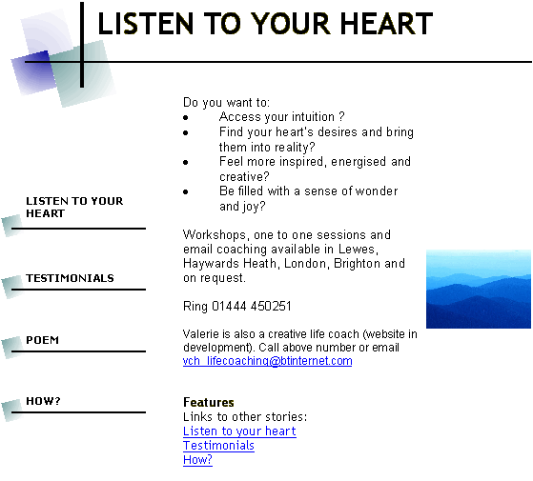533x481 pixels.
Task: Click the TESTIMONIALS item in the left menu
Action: tap(70, 278)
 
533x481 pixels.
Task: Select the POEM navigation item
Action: tap(43, 340)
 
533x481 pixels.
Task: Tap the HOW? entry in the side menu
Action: tap(43, 401)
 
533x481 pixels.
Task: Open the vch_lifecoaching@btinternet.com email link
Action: tap(268, 361)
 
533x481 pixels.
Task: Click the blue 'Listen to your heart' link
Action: tap(239, 431)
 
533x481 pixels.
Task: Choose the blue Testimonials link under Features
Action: tap(218, 446)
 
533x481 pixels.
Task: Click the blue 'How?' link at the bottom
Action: tap(197, 460)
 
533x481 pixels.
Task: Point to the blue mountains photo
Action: tap(479, 290)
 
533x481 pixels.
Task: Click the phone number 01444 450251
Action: tap(252, 306)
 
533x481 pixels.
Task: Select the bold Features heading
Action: tap(209, 402)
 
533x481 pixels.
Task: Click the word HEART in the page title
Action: tap(386, 24)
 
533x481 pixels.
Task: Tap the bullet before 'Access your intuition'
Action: tap(186, 118)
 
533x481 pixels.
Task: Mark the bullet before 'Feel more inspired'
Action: tap(186, 162)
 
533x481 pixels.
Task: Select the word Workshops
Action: tap(215, 235)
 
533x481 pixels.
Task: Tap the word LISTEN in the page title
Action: tap(146, 24)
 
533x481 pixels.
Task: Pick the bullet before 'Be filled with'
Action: tap(186, 191)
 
